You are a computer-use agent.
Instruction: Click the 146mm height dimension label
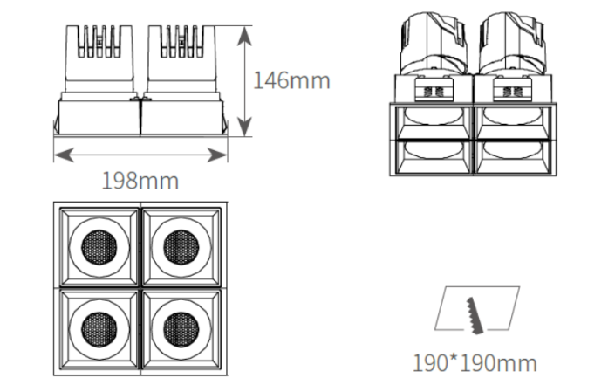click(x=292, y=80)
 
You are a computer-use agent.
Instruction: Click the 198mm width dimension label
click(x=140, y=181)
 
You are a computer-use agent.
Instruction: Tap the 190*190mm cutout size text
click(x=475, y=363)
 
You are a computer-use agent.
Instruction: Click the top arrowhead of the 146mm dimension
click(x=245, y=38)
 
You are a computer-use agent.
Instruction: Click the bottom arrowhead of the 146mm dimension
click(x=245, y=126)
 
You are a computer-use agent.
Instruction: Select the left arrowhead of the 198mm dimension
click(x=64, y=155)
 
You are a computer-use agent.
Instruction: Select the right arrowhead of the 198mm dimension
click(x=217, y=155)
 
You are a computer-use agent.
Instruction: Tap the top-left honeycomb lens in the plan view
click(x=99, y=247)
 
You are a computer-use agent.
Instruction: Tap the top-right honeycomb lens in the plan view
click(x=181, y=247)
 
